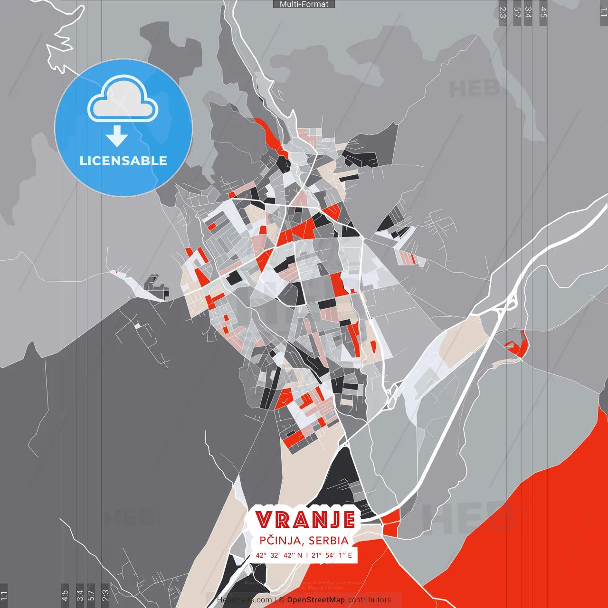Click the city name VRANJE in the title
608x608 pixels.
pyautogui.click(x=305, y=520)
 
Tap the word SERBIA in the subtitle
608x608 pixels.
pyautogui.click(x=328, y=541)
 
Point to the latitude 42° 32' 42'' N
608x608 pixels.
pyautogui.click(x=279, y=555)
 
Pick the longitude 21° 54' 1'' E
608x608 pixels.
pyautogui.click(x=332, y=555)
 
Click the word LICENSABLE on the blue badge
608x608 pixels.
pyautogui.click(x=123, y=161)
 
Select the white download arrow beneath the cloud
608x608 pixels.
pyautogui.click(x=117, y=136)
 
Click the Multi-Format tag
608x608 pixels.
pyautogui.click(x=304, y=4)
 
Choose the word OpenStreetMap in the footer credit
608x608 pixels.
pyautogui.click(x=316, y=600)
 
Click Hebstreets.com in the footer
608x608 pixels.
pyautogui.click(x=244, y=600)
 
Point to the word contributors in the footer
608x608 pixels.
pyautogui.click(x=369, y=600)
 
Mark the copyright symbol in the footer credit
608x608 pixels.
pyautogui.click(x=282, y=600)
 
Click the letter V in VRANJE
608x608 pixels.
pyautogui.click(x=265, y=520)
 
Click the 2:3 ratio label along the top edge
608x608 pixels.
pyautogui.click(x=503, y=12)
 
